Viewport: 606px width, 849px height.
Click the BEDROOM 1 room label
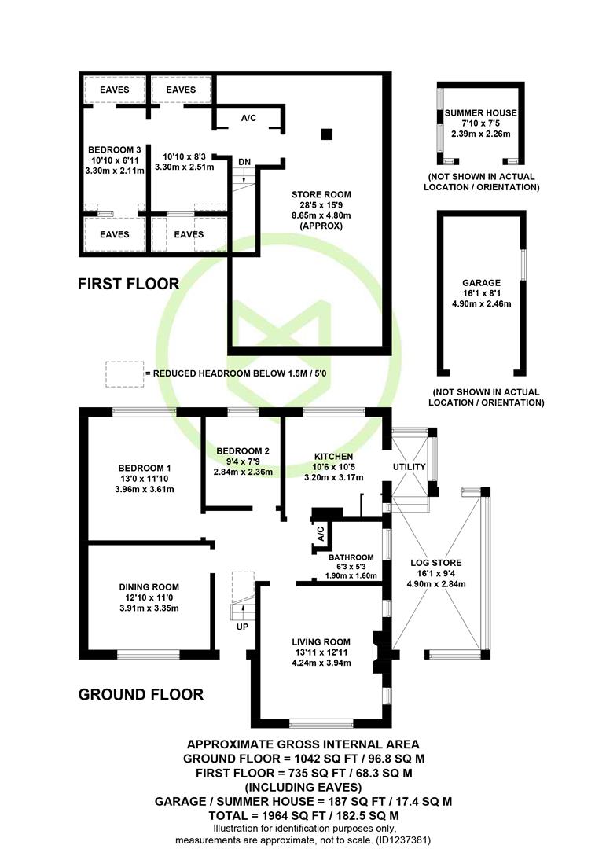click(145, 469)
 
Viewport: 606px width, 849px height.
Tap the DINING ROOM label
click(149, 587)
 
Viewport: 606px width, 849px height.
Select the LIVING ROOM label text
click(321, 642)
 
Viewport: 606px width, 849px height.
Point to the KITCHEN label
click(333, 457)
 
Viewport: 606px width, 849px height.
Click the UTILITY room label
click(410, 467)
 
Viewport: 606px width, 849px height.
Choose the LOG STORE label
click(436, 563)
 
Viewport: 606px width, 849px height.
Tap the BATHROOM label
click(351, 557)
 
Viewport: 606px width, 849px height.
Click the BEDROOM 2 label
click(243, 451)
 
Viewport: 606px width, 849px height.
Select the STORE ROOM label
click(321, 194)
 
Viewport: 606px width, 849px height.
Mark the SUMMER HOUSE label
click(481, 113)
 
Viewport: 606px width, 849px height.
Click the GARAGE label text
click(482, 283)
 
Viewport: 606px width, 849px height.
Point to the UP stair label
click(242, 627)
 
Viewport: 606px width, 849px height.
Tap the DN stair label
click(244, 162)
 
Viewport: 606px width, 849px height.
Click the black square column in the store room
click(326, 134)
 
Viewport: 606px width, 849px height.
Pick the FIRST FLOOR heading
click(128, 285)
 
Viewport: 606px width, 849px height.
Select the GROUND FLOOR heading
click(141, 695)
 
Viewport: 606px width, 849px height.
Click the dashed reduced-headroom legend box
click(124, 374)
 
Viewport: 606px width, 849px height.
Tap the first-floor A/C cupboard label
click(248, 118)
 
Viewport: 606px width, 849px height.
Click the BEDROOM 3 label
click(115, 150)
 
